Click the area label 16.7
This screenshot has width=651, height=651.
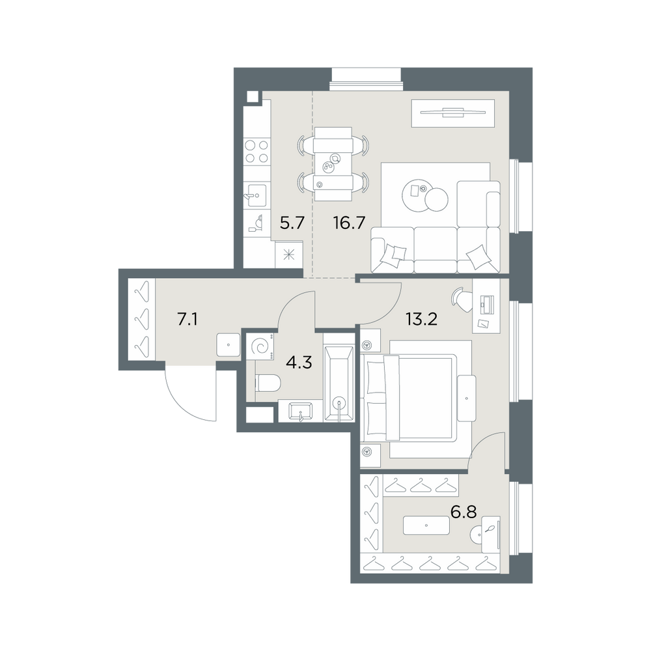click(349, 223)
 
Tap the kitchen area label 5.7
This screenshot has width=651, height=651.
click(292, 223)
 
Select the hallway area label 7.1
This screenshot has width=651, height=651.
click(187, 320)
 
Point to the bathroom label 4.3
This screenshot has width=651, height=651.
click(299, 363)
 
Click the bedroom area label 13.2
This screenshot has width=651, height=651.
click(421, 320)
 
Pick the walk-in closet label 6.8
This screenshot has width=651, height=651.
click(464, 512)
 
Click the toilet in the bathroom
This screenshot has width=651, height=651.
click(268, 383)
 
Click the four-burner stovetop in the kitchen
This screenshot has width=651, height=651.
click(256, 152)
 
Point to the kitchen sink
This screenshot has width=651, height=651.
click(256, 195)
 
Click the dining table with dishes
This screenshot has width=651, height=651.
click(333, 163)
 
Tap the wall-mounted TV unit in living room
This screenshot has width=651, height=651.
click(453, 113)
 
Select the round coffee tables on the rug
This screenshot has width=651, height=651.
click(425, 195)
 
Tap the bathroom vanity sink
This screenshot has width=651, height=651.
click(300, 411)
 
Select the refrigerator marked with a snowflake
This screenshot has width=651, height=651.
click(289, 255)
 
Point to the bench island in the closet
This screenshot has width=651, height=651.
click(426, 525)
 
